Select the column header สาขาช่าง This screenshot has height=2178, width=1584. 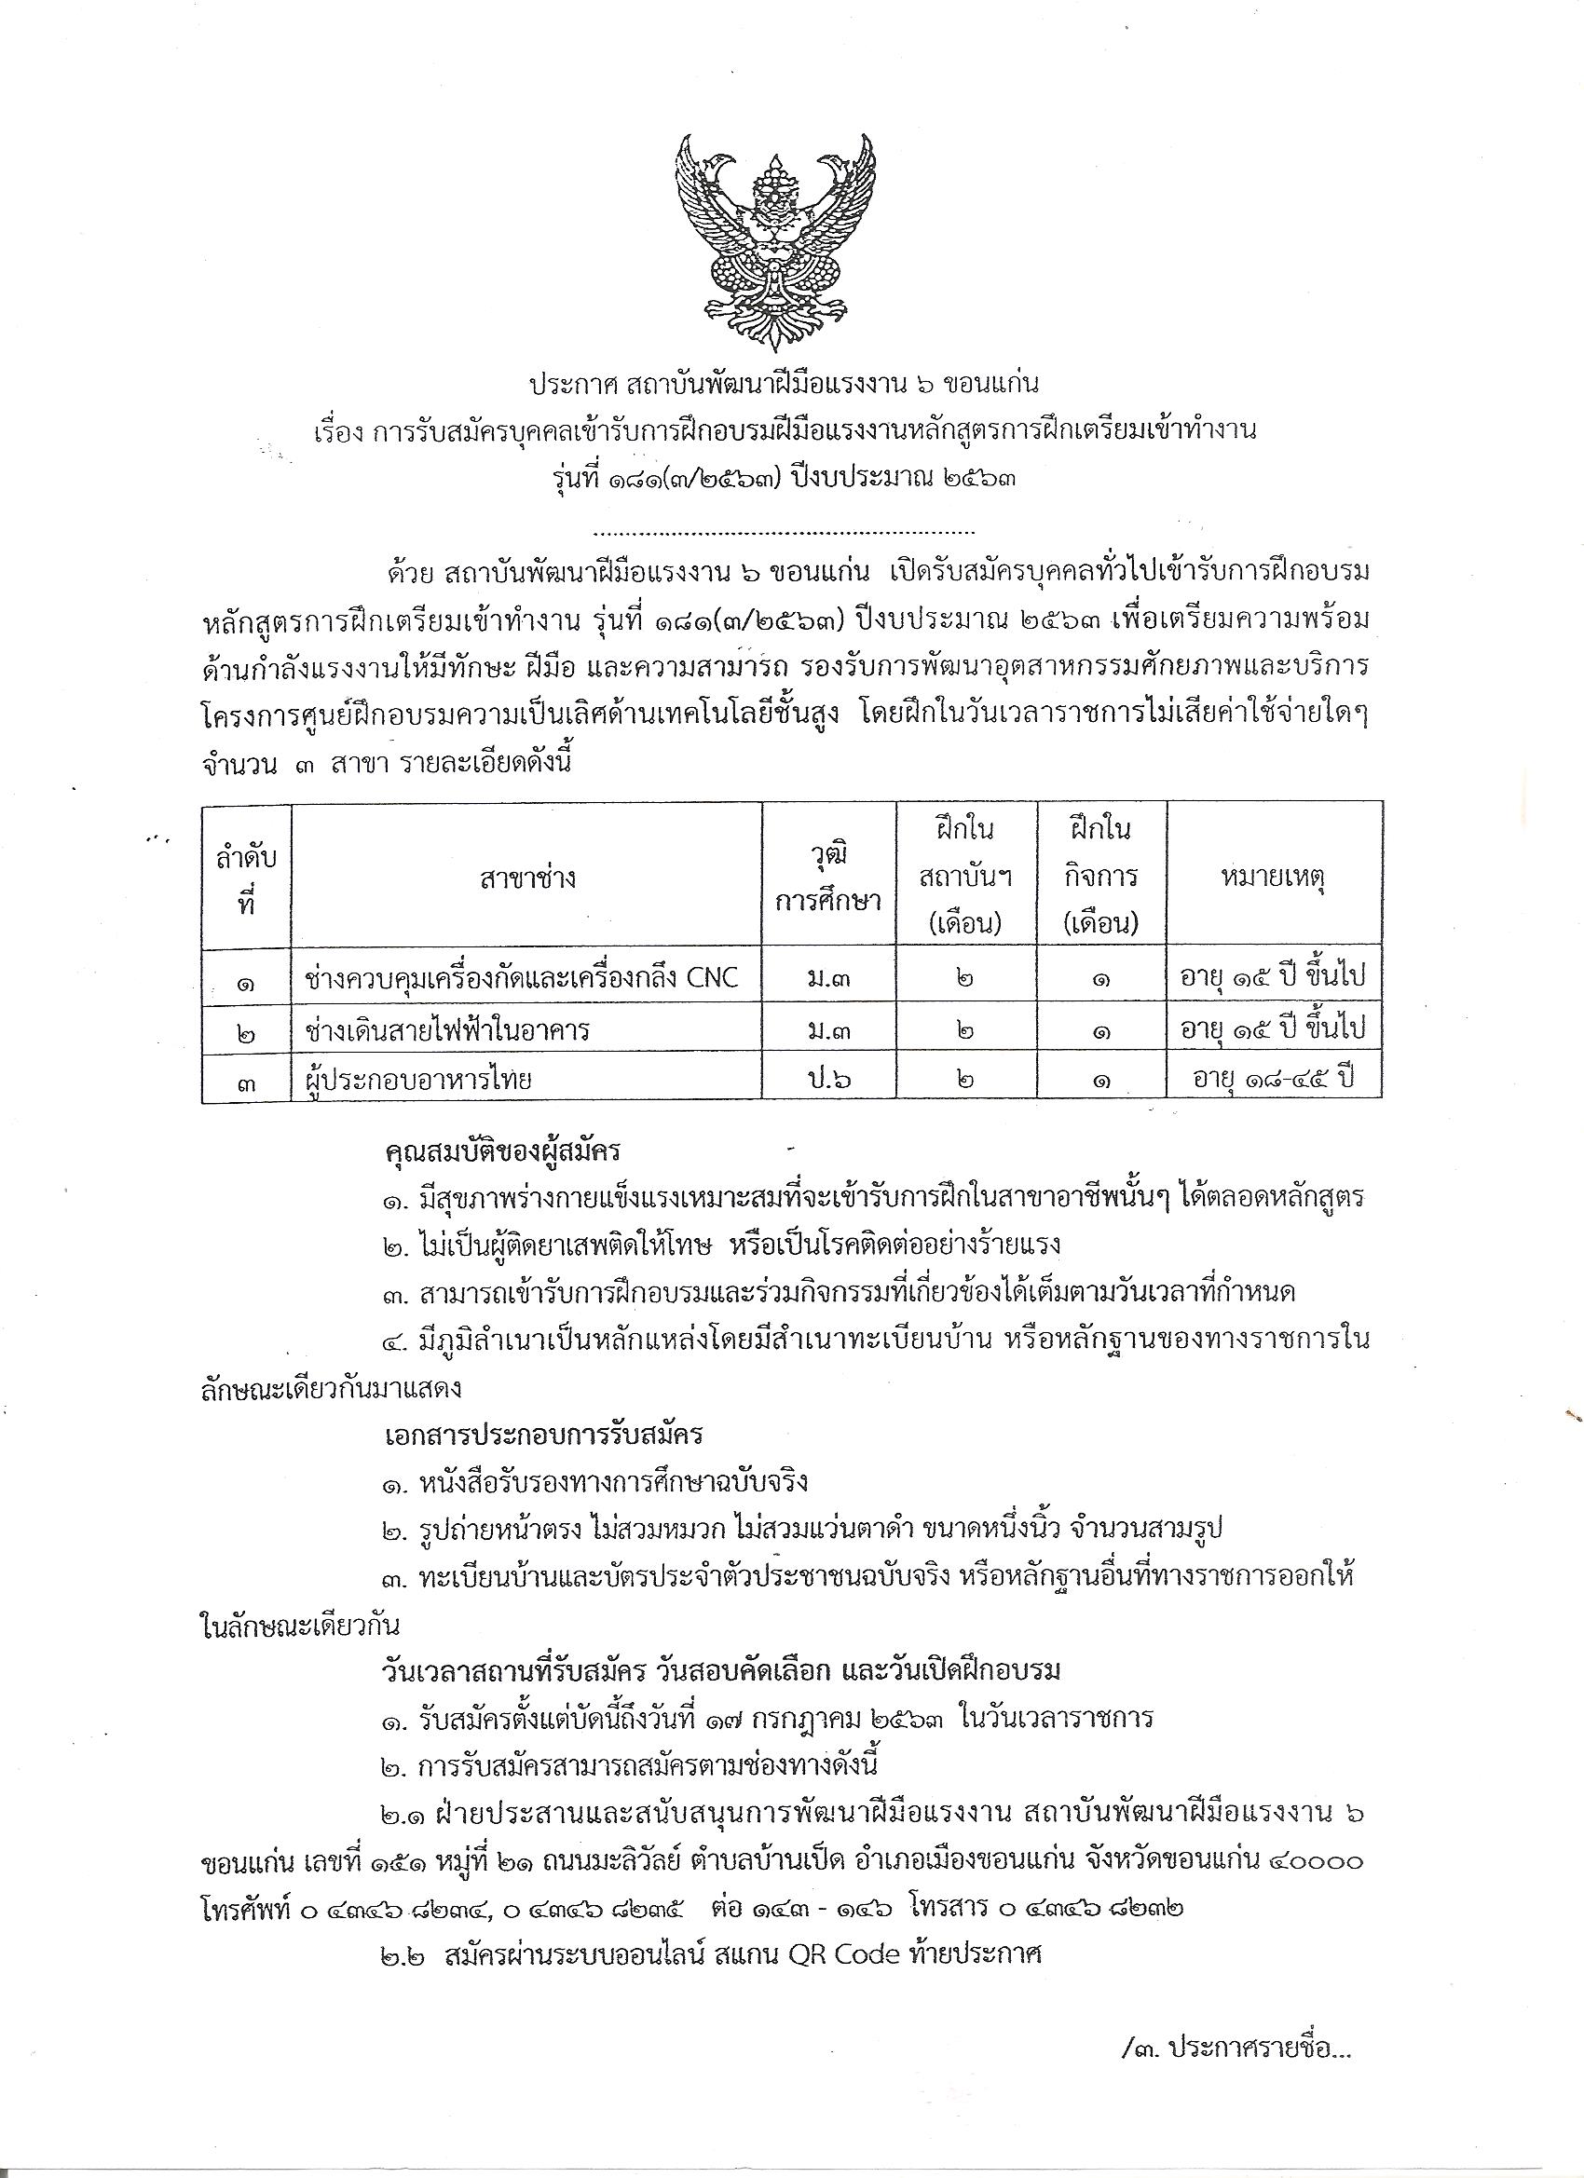[x=526, y=878]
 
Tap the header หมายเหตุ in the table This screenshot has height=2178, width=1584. [x=1274, y=878]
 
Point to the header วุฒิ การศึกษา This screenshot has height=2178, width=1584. [x=829, y=878]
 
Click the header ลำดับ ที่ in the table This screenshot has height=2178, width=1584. [x=246, y=878]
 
